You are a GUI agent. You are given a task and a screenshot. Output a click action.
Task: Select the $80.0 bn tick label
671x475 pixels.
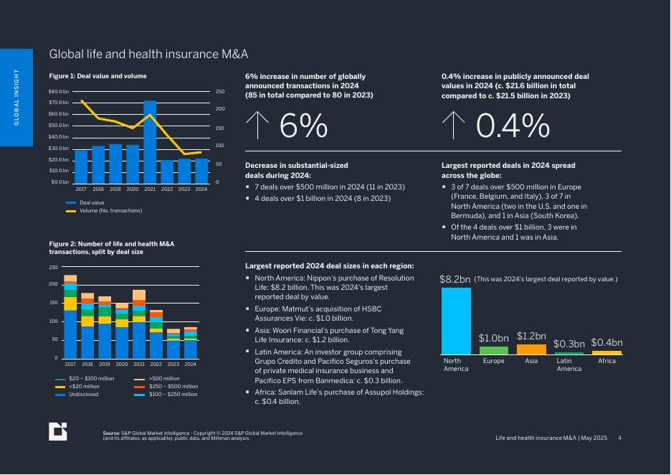pos(60,92)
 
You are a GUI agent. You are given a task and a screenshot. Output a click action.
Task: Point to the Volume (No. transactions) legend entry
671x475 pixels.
pos(110,211)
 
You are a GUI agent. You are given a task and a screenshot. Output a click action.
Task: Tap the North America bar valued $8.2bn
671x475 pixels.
pos(456,321)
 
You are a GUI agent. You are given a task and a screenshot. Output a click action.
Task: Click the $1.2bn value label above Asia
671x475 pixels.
pos(531,336)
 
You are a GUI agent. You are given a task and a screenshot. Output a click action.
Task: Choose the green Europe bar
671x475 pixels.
pos(494,350)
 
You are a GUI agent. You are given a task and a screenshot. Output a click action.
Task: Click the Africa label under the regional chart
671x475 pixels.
pos(606,361)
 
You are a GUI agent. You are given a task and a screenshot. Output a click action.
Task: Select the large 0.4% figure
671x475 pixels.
pos(513,127)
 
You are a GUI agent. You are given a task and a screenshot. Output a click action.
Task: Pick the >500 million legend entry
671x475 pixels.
pos(163,378)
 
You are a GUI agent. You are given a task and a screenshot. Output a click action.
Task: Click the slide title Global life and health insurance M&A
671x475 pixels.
pos(148,55)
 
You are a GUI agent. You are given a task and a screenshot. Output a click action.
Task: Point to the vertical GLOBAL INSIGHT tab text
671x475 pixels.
pos(16,98)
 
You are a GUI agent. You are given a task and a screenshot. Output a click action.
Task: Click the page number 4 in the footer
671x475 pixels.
pos(620,438)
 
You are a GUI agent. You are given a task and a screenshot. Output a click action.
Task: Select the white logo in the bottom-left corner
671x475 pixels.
pos(57,431)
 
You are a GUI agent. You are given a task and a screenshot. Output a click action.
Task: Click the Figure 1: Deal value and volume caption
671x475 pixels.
pos(97,76)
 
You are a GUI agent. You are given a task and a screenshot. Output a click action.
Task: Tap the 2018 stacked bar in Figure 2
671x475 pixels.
pos(87,326)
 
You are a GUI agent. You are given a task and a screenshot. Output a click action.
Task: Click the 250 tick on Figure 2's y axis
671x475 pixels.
pos(53,268)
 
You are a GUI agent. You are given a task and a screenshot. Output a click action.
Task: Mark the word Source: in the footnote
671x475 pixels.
pos(111,433)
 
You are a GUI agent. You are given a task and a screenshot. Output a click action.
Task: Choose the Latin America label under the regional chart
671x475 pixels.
pos(569,365)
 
